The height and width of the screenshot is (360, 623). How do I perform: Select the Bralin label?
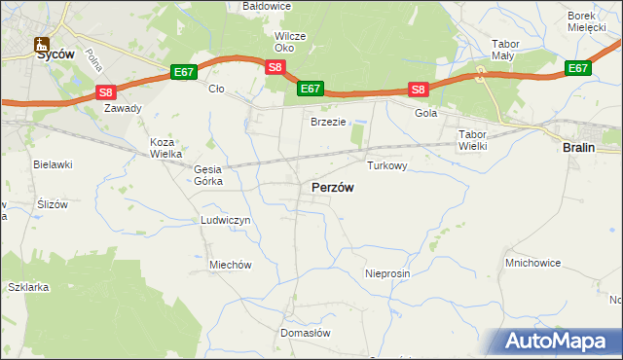580,147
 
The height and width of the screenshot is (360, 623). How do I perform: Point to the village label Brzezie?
328,122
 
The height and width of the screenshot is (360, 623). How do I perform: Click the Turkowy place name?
386,165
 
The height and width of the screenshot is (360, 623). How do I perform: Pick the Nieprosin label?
387,273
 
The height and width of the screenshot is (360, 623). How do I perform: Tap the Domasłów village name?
306,332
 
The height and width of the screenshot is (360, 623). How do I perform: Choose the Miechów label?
231,265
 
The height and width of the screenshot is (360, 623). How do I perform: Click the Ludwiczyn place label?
226,220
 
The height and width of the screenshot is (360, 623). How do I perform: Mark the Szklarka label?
27,288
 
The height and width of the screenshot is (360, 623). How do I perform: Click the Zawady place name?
124,109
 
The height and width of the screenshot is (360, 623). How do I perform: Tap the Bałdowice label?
268,6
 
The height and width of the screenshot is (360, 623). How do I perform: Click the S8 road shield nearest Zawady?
106,92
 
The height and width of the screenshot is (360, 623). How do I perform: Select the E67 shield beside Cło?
184,72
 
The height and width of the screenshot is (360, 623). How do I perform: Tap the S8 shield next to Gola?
418,90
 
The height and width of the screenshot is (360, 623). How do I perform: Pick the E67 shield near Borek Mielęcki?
578,68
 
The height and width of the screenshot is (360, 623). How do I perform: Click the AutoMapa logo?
558,341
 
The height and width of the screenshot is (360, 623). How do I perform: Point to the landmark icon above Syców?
41,44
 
